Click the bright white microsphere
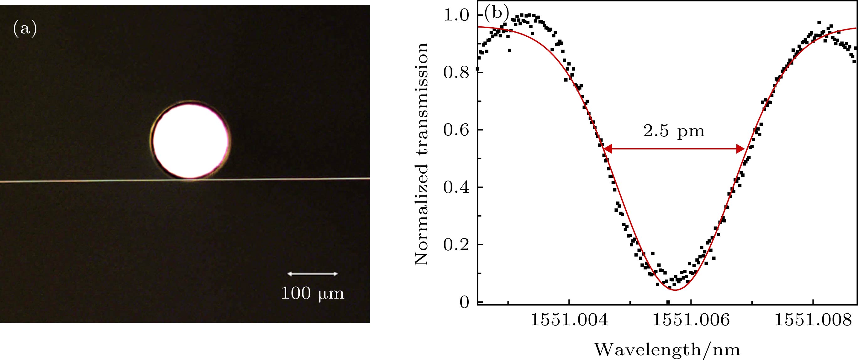(x=190, y=141)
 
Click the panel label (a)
(x=25, y=29)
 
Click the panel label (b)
(x=497, y=14)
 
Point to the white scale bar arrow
(x=313, y=274)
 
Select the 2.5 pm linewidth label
(x=674, y=131)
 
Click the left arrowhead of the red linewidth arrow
(x=607, y=149)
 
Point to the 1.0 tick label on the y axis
(x=456, y=15)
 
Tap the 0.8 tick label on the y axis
(x=456, y=73)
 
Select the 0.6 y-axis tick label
(x=456, y=130)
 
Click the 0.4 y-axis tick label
(x=456, y=187)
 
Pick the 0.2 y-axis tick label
(x=456, y=245)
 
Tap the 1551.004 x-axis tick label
(x=569, y=321)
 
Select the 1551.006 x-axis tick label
(x=691, y=321)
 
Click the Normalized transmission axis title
(x=422, y=154)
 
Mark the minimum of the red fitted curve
(x=675, y=290)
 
